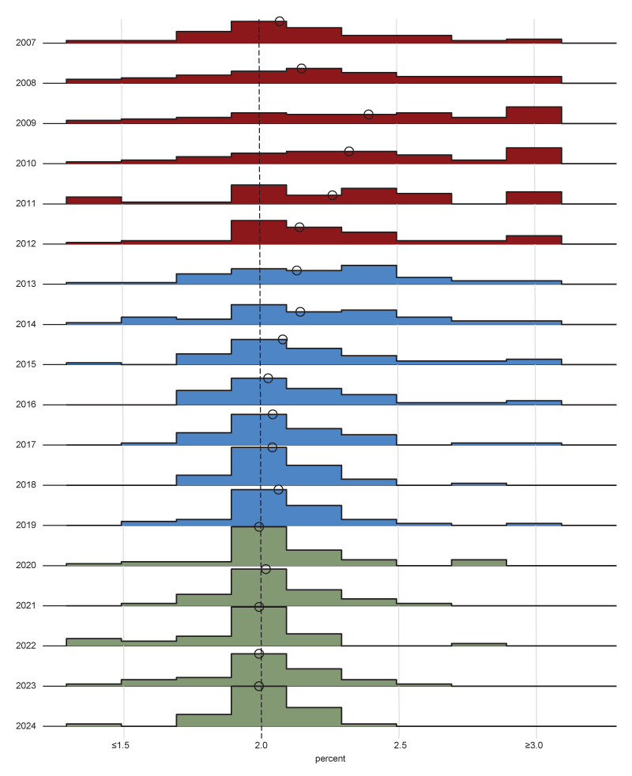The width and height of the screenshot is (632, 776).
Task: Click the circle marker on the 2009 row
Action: coord(368,115)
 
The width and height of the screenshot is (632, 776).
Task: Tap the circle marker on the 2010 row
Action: coord(349,151)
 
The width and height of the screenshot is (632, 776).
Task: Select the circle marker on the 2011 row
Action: coord(333,195)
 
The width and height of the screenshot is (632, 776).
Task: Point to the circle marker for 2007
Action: coord(280,21)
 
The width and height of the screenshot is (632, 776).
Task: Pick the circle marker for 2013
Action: coord(297,270)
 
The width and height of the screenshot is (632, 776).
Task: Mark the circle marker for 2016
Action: coord(268,379)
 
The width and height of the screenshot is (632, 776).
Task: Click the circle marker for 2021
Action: coord(265,569)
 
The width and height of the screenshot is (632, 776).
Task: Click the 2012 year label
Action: coord(25,243)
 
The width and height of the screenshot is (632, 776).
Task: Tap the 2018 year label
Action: coord(25,484)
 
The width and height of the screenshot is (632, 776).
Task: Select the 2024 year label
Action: coord(25,725)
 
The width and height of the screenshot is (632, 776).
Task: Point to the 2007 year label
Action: coord(25,43)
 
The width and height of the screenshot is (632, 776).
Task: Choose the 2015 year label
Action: coord(25,364)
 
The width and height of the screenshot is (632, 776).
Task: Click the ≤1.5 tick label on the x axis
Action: coord(120,745)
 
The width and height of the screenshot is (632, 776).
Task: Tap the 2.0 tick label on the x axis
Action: coord(261,745)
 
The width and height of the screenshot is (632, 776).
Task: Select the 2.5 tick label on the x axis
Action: coord(400,745)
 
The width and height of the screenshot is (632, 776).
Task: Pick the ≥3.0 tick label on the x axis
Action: coord(535,745)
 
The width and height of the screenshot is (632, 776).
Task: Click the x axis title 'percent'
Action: coord(330,759)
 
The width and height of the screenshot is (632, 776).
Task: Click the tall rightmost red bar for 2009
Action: coord(534,115)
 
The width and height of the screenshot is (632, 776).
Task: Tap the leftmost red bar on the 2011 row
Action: coord(93,200)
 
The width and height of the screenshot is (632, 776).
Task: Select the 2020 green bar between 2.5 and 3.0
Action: coord(479,563)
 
